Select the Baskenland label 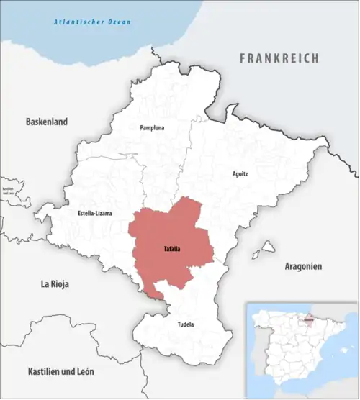tap(47, 122)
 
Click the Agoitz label tap(241, 174)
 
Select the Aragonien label tap(303, 265)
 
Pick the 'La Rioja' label tap(55, 284)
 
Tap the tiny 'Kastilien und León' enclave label tap(9, 191)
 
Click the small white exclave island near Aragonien tap(269, 247)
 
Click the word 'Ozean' tap(117, 22)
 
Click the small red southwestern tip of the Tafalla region tap(153, 291)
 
